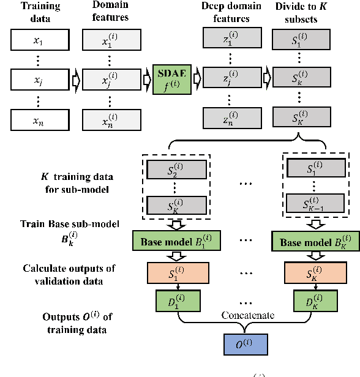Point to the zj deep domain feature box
tap(228, 80)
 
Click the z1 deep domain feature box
tap(228, 42)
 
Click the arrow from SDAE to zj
tap(197, 80)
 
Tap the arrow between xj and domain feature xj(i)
tap(73, 80)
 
